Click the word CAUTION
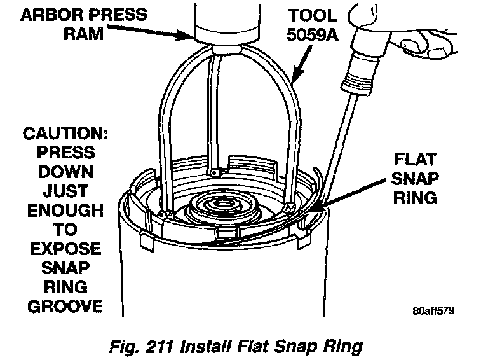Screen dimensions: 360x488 pos(60,135)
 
